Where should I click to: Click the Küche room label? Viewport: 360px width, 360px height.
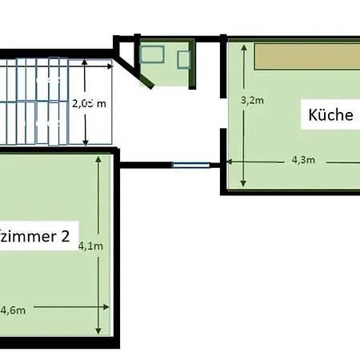(330, 115)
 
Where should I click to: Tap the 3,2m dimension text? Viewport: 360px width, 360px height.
(252, 101)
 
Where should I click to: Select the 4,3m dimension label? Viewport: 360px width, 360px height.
(302, 160)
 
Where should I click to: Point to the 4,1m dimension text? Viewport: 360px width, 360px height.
(90, 246)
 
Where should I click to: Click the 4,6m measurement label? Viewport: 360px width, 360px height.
(14, 310)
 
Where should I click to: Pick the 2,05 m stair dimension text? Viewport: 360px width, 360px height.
(90, 103)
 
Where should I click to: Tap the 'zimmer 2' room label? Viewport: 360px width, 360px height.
(36, 237)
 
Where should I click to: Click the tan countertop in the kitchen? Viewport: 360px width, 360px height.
(307, 57)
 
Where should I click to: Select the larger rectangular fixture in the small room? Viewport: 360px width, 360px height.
(152, 55)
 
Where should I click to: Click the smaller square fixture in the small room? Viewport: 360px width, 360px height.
(184, 60)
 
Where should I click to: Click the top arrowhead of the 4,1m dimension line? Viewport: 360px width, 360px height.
(100, 158)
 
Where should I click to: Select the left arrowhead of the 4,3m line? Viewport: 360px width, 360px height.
(229, 161)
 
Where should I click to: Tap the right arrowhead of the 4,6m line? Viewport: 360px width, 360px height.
(108, 306)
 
